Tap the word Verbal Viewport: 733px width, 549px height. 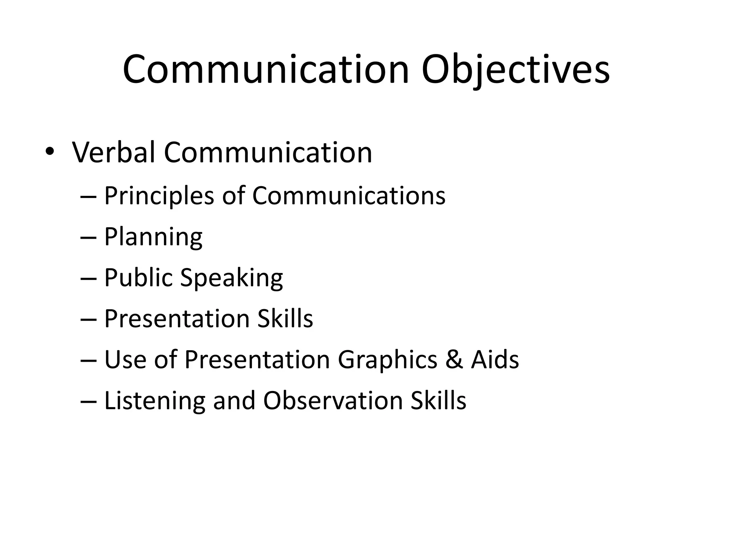(114, 153)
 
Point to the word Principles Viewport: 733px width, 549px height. (159, 196)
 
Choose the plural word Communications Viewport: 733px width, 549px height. (349, 196)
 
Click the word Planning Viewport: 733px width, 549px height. (153, 237)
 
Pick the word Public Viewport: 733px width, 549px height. (138, 278)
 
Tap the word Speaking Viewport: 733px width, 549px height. (232, 278)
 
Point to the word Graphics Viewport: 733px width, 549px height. (388, 360)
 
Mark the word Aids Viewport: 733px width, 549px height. (495, 360)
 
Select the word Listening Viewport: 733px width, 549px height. (155, 401)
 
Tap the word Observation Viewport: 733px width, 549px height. (333, 401)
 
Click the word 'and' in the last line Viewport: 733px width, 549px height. (234, 401)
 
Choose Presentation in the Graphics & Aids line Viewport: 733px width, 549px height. (257, 360)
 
